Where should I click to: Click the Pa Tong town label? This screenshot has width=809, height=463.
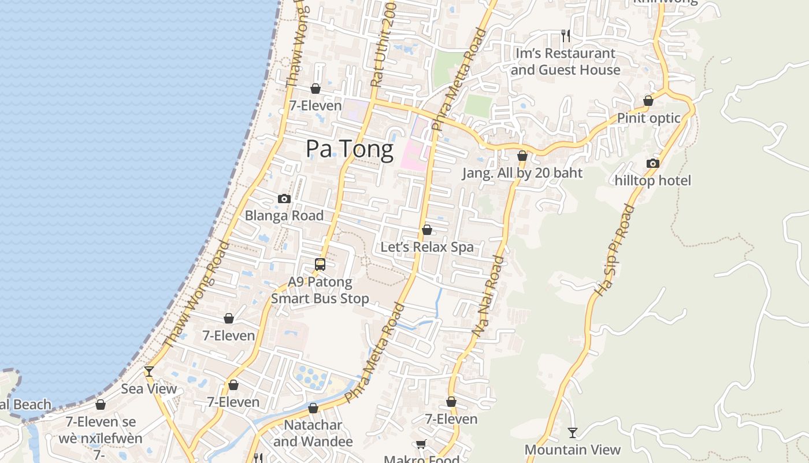pos(350,149)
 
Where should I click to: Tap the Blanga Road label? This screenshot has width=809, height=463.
pos(284,216)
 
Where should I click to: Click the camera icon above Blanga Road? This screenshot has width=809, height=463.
pos(284,199)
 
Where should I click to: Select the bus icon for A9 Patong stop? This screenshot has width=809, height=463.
pos(320,264)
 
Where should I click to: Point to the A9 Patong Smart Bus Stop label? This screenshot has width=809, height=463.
pos(320,291)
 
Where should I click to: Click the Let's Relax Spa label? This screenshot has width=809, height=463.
pos(427,247)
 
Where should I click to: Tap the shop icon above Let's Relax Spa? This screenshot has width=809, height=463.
pos(427,230)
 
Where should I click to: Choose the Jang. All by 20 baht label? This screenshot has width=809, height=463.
pos(522,173)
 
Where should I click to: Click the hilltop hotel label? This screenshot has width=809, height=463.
pos(653,181)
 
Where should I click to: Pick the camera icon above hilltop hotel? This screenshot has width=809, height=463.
pos(653,164)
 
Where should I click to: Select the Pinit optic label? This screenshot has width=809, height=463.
pos(648,118)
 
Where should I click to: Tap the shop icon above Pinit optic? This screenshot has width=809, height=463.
pos(648,101)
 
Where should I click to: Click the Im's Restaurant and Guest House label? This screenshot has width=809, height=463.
pos(565,61)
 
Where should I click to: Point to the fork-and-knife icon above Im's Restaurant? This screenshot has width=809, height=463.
pos(566,36)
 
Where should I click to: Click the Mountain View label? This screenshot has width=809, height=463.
pos(572,450)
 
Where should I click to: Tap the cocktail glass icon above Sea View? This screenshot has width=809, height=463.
pos(149,372)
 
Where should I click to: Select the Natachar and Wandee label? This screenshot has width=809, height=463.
pos(313,433)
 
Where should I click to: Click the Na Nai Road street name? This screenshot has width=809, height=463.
pos(489,296)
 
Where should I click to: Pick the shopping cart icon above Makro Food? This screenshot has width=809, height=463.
pos(421,444)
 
